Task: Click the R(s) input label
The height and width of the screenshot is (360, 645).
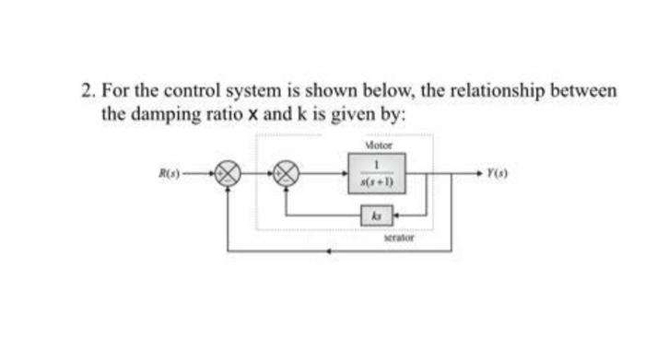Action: [167, 170]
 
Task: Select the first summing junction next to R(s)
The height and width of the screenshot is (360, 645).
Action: [228, 172]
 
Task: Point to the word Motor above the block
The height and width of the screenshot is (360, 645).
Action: [379, 145]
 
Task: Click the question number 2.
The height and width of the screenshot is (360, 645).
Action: [87, 92]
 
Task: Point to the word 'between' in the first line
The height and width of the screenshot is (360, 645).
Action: [586, 92]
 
